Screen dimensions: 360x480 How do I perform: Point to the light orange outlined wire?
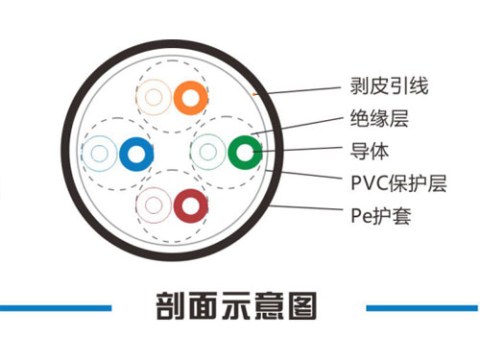coord(153,96)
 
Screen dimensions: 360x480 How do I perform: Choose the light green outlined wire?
coord(208,152)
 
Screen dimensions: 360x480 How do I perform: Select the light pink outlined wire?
coord(154,204)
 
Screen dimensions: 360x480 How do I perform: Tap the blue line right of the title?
coord(422,308)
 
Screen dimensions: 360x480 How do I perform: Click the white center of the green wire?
coord(244,152)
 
